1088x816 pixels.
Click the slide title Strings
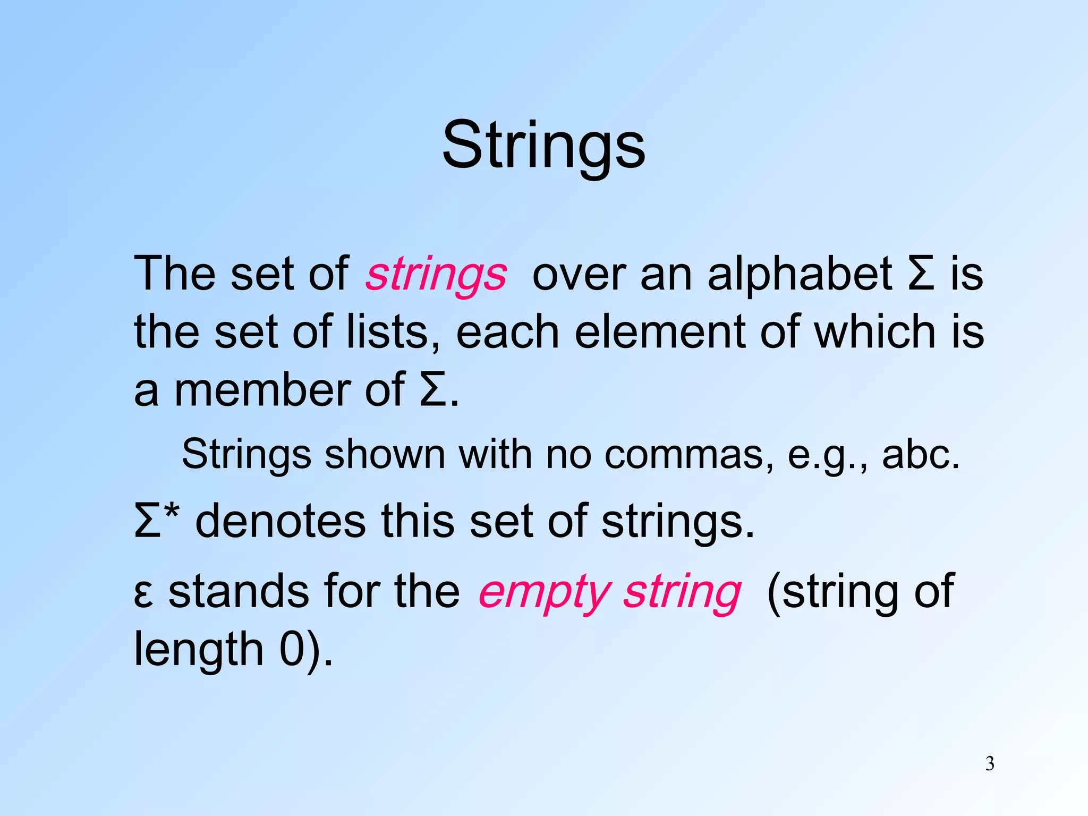(543, 145)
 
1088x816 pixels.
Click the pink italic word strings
(436, 275)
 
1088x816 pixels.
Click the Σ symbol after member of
(433, 391)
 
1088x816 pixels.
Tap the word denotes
(281, 521)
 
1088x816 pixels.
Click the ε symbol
(143, 594)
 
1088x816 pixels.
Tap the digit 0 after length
(292, 649)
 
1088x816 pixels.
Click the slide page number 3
(990, 764)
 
